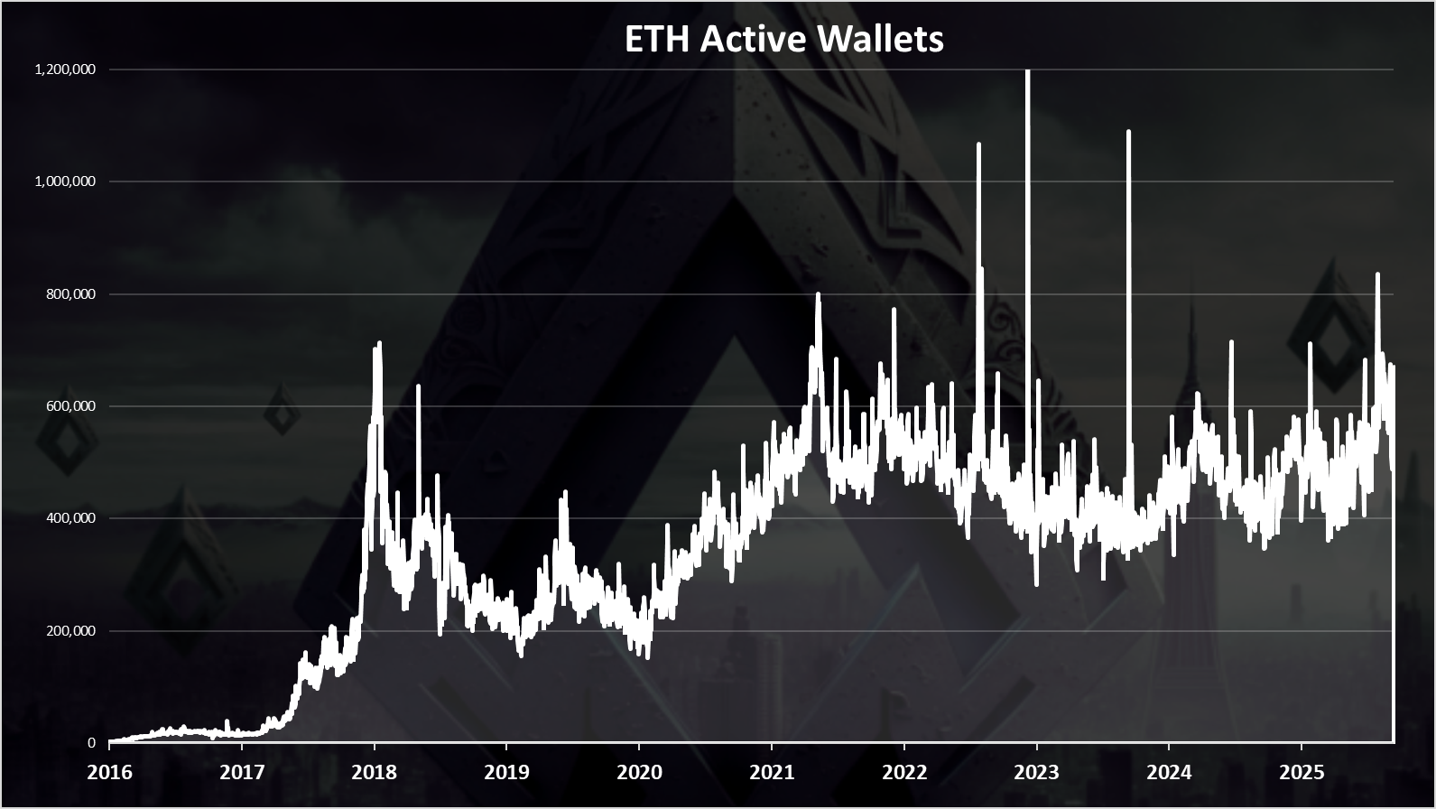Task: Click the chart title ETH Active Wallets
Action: click(x=783, y=39)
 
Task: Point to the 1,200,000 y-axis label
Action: click(x=65, y=70)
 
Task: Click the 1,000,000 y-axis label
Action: click(x=65, y=181)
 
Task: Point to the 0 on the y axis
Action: click(x=91, y=743)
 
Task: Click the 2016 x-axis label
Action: click(x=109, y=772)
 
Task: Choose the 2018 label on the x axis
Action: click(x=374, y=772)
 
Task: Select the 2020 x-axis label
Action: click(x=639, y=772)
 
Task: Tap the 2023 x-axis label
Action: click(x=1036, y=772)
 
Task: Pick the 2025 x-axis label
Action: click(x=1302, y=772)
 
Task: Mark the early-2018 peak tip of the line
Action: click(x=379, y=343)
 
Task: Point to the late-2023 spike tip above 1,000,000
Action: click(x=1128, y=132)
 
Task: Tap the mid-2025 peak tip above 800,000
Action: click(x=1377, y=274)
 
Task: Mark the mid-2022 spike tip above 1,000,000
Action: click(x=978, y=144)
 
